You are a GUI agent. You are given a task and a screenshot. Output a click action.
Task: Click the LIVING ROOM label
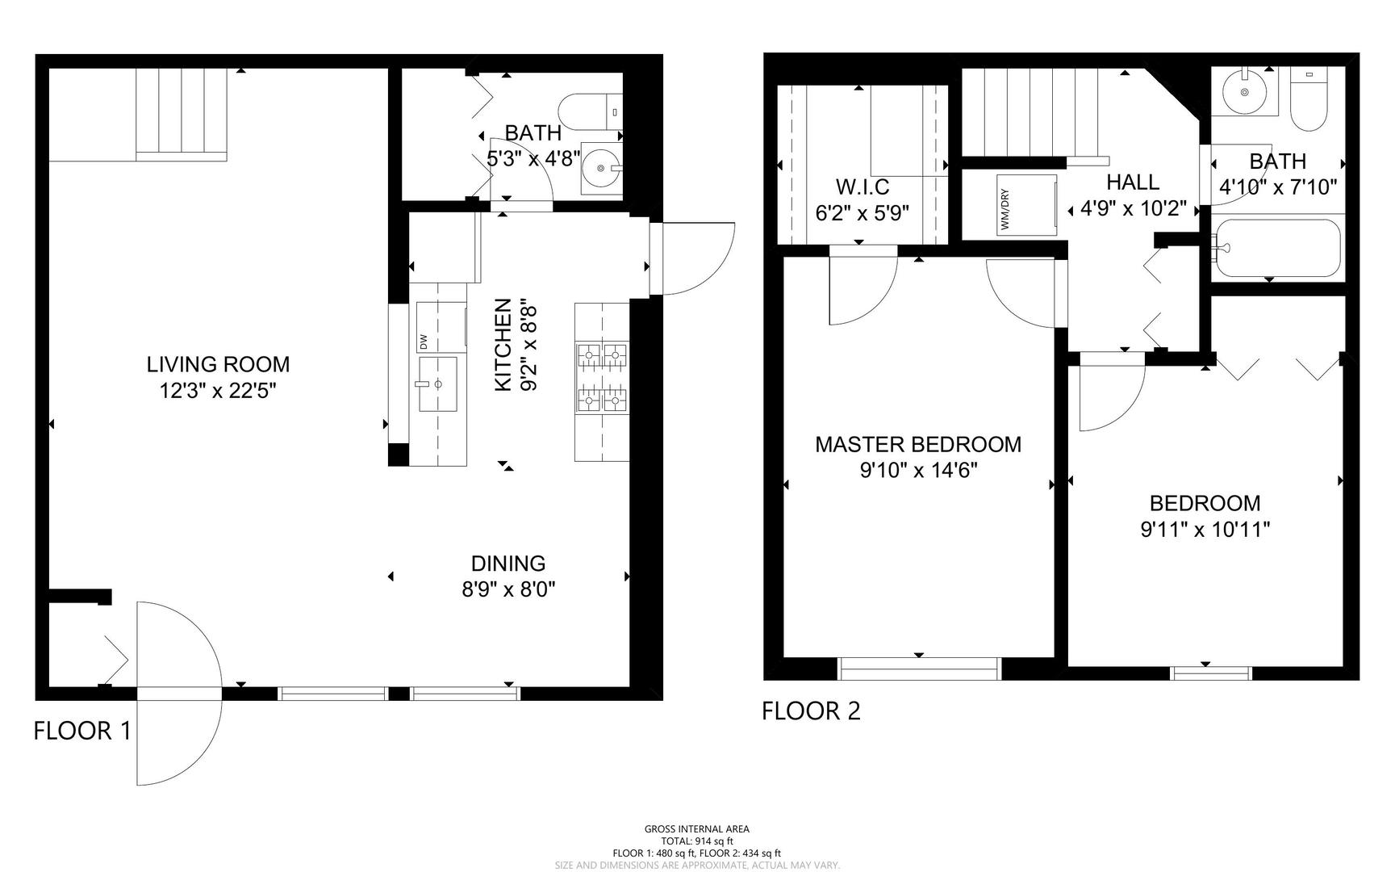pyautogui.click(x=218, y=364)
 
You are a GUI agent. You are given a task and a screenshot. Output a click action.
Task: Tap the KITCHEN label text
pyautogui.click(x=503, y=346)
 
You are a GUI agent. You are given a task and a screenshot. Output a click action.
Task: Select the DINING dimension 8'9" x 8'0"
pyautogui.click(x=508, y=590)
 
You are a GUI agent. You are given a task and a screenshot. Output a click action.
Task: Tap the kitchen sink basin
pyautogui.click(x=436, y=384)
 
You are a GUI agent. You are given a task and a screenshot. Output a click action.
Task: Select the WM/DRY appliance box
pyautogui.click(x=1026, y=205)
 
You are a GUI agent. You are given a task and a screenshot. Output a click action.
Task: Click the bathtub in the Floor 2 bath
pyautogui.click(x=1278, y=248)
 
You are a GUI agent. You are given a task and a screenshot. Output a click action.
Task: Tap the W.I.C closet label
pyautogui.click(x=862, y=187)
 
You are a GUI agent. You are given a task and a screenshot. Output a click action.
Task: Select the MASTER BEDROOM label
pyautogui.click(x=918, y=444)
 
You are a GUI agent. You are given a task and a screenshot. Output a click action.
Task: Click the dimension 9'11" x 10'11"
pyautogui.click(x=1205, y=530)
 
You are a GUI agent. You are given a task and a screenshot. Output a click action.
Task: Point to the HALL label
pyautogui.click(x=1133, y=182)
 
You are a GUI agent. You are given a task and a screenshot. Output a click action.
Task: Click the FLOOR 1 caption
pyautogui.click(x=81, y=731)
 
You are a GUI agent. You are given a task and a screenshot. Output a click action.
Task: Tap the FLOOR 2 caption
pyautogui.click(x=811, y=711)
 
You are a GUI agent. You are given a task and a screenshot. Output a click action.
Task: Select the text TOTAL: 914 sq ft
pyautogui.click(x=696, y=841)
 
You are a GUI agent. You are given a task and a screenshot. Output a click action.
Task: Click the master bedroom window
pyautogui.click(x=920, y=669)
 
